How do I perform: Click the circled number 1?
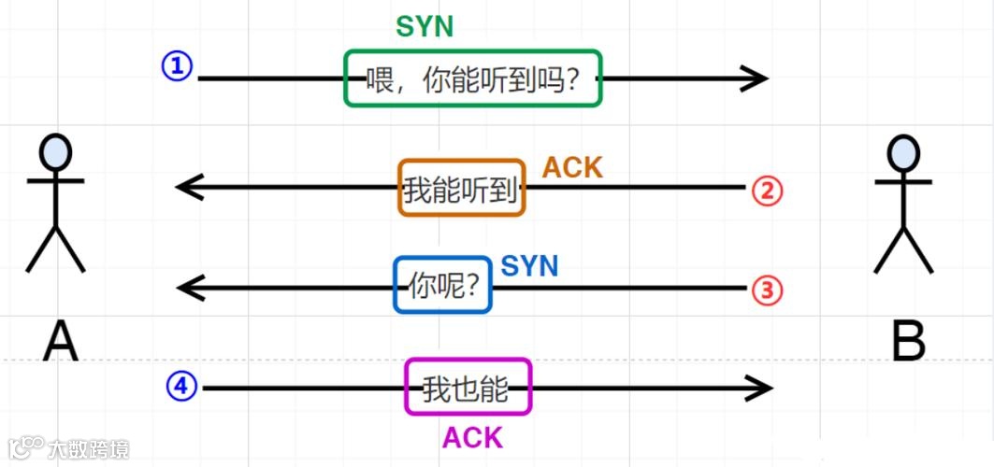178,66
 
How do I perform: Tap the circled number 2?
766,191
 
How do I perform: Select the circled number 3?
766,290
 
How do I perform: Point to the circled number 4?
182,387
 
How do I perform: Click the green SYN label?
425,26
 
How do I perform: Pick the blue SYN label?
529,266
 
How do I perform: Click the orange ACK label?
572,168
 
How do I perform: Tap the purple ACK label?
472,437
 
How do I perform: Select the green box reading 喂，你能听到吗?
472,78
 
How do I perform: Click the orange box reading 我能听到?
461,189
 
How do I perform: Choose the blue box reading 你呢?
442,285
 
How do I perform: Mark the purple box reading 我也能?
468,387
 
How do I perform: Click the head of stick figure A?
56,152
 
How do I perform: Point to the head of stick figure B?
902,151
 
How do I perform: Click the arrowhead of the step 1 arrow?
756,78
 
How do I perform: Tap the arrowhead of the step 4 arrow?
760,387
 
